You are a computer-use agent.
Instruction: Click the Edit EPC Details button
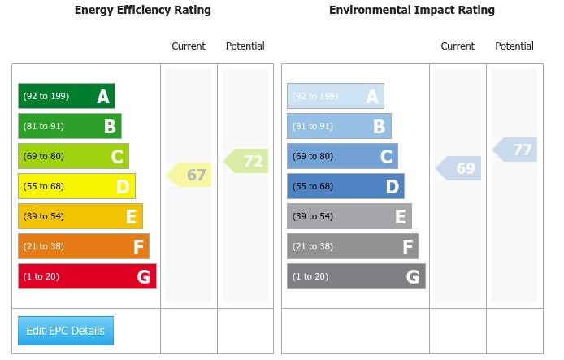point(66,331)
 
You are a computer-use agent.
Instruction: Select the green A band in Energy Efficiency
point(67,96)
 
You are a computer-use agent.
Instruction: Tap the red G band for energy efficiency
point(87,276)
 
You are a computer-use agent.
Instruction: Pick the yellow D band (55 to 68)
point(76,186)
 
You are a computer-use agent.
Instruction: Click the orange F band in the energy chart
point(84,246)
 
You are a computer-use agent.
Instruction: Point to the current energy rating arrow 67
point(190,175)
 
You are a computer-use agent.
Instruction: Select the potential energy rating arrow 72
point(247,161)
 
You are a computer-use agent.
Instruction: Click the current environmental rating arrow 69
point(459,168)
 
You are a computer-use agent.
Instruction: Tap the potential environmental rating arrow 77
point(516,150)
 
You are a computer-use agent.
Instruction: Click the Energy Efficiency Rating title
point(142,11)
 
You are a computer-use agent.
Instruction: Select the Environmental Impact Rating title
point(411,11)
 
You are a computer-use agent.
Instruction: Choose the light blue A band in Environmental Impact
point(335,96)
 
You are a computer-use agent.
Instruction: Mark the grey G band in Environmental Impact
point(356,276)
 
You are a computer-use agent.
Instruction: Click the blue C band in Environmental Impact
point(342,156)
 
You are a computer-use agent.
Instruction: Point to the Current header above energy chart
point(189,46)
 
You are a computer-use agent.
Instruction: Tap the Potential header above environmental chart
point(514,46)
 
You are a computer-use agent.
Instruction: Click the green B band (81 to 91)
point(70,126)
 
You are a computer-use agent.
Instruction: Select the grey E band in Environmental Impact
point(349,216)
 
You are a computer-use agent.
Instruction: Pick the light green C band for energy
point(73,156)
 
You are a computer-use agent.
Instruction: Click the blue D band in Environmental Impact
point(345,186)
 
